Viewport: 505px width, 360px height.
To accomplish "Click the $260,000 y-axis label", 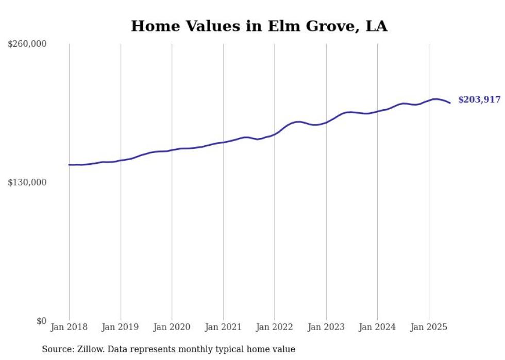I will click(x=27, y=44).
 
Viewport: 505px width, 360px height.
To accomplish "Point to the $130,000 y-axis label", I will click(x=27, y=182).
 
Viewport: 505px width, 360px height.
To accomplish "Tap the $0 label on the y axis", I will click(x=41, y=321).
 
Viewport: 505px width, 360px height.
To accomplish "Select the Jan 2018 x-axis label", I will click(x=69, y=327).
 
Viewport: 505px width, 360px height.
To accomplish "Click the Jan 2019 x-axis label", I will click(x=121, y=327).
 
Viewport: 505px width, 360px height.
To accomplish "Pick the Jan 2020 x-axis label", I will click(x=172, y=327).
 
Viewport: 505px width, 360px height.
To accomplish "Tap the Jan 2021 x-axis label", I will click(x=223, y=327).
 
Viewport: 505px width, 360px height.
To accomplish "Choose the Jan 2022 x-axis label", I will click(x=275, y=327).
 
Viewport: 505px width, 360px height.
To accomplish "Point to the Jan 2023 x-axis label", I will click(x=326, y=327).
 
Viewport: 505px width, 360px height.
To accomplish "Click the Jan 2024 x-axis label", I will click(x=377, y=327).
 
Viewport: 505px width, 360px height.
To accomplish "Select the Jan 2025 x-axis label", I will click(x=429, y=327).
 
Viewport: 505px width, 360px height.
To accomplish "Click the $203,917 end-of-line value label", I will click(x=479, y=100).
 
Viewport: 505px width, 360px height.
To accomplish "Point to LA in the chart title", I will click(x=376, y=26).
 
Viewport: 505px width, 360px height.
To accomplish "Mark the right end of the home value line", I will click(x=450, y=103).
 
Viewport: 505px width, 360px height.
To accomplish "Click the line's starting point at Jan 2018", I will click(x=69, y=165).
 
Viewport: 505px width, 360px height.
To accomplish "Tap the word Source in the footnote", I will click(x=56, y=350).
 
